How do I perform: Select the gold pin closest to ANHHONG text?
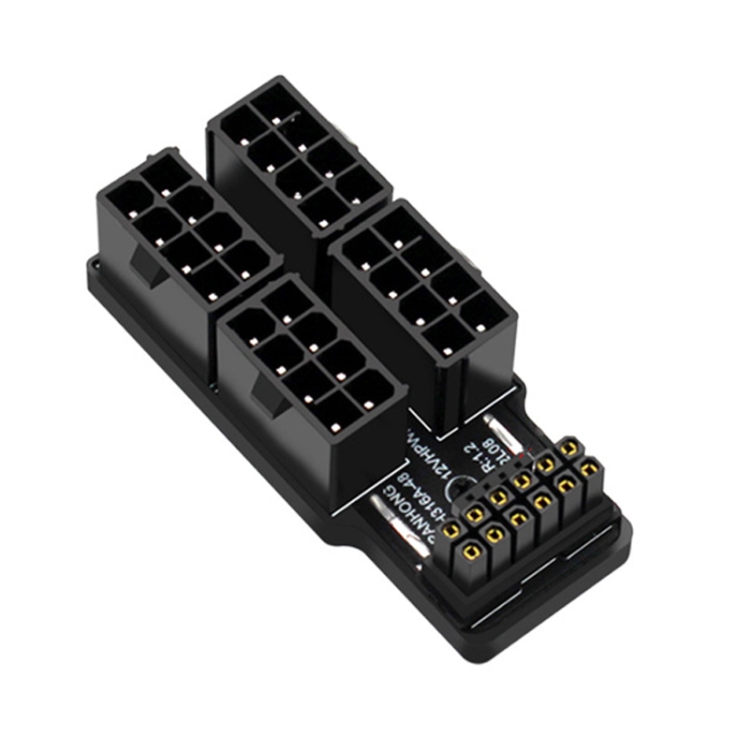pyautogui.click(x=451, y=531)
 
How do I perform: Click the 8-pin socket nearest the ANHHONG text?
pyautogui.click(x=310, y=373)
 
